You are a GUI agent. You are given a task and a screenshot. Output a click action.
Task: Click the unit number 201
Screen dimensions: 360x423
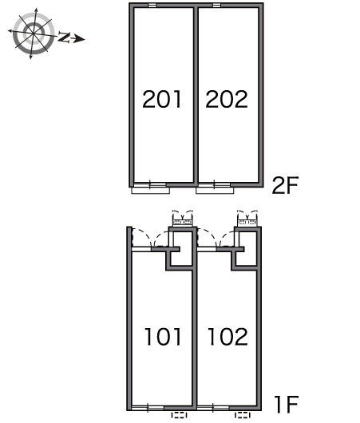click(x=161, y=99)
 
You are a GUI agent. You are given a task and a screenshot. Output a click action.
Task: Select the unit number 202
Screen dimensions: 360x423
click(x=227, y=99)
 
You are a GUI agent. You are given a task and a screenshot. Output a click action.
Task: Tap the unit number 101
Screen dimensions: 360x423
click(x=163, y=336)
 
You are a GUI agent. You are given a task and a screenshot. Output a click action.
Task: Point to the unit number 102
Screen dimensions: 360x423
click(x=227, y=336)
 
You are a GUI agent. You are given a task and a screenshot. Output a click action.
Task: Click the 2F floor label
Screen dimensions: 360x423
click(x=285, y=185)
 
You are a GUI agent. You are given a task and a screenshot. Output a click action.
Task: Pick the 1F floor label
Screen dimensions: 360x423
click(x=286, y=404)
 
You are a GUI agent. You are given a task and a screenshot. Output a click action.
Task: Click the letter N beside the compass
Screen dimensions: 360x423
click(x=64, y=37)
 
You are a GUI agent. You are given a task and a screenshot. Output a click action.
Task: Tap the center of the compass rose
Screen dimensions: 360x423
click(x=34, y=34)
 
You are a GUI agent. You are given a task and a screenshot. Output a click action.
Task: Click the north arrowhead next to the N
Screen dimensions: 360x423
click(x=79, y=39)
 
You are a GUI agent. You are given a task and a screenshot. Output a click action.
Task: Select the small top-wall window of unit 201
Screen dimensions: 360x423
click(x=152, y=5)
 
